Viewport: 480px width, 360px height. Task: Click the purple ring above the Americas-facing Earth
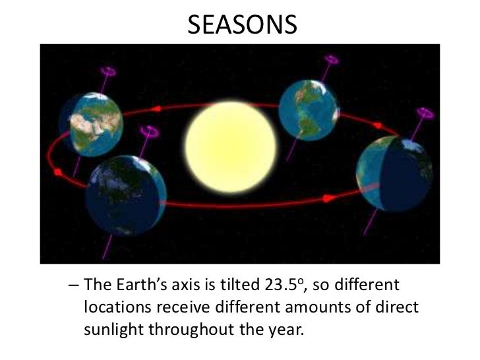click(332, 60)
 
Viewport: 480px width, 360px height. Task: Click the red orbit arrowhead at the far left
click(57, 172)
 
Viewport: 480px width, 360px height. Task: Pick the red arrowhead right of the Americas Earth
click(378, 125)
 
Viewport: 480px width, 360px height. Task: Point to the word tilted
click(224, 286)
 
